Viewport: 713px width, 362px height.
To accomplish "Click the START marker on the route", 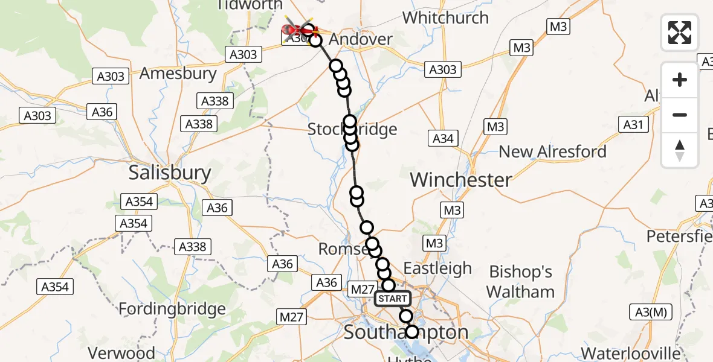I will pyautogui.click(x=393, y=299).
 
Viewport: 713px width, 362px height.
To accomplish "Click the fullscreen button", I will pyautogui.click(x=680, y=32).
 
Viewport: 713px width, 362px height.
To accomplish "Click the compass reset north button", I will pyautogui.click(x=680, y=150).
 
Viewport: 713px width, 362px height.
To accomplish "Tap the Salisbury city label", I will pyautogui.click(x=170, y=174).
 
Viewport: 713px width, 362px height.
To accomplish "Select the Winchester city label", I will pyautogui.click(x=461, y=180).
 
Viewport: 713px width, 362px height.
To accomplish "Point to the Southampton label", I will pyautogui.click(x=406, y=332).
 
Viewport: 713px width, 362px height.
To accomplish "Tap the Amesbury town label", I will pyautogui.click(x=178, y=74).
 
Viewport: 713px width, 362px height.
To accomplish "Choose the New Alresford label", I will pyautogui.click(x=552, y=151).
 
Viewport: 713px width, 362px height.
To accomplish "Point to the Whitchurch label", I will pyautogui.click(x=445, y=18).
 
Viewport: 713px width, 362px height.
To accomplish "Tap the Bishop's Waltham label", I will pyautogui.click(x=520, y=282).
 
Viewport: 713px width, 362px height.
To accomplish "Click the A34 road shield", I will pyautogui.click(x=443, y=138).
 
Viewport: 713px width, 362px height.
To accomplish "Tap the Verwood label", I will pyautogui.click(x=121, y=352).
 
